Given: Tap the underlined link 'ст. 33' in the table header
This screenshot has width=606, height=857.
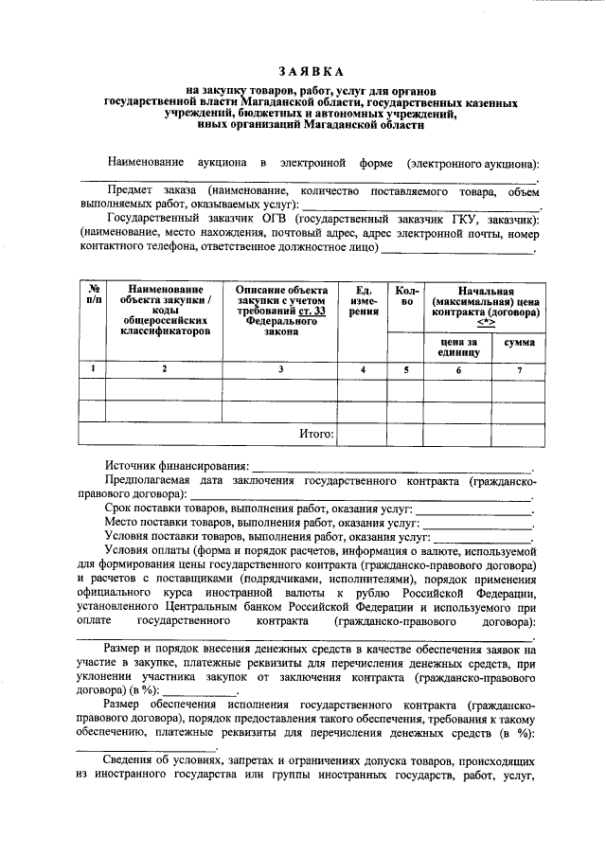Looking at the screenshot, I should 312,312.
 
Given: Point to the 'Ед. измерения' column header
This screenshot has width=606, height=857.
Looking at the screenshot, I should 364,300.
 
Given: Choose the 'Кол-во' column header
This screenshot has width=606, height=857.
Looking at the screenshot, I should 405,295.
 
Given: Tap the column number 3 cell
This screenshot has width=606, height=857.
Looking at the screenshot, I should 280,369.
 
